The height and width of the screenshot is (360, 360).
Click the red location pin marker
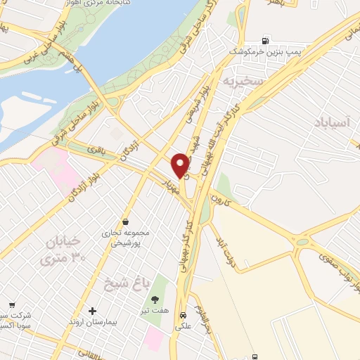pos(181,165)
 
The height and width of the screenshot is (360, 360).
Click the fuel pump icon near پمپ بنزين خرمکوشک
pos(265,40)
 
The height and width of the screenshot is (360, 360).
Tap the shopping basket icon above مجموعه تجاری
pos(125,221)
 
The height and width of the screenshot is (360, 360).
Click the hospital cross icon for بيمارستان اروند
pos(92,311)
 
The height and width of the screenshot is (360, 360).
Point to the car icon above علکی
pos(183,315)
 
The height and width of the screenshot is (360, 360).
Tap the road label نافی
pos(95,149)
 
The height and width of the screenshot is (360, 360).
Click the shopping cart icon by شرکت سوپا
pos(11,305)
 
